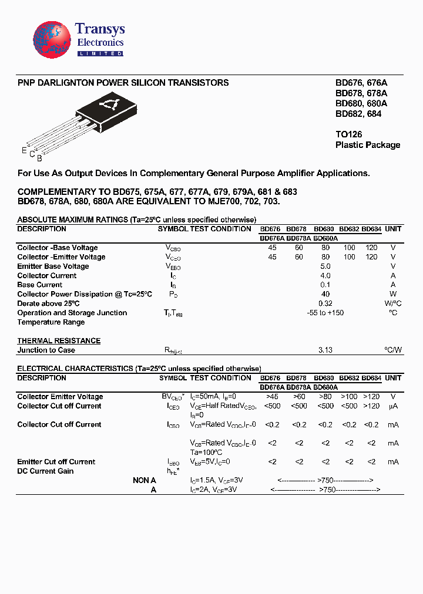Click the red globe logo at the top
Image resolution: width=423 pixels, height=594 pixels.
click(x=52, y=40)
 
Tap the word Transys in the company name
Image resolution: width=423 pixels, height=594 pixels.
click(x=100, y=29)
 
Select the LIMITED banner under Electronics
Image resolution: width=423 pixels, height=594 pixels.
click(x=100, y=53)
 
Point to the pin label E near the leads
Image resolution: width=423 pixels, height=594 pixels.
click(x=24, y=151)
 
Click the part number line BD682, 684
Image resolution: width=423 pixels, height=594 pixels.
click(x=358, y=114)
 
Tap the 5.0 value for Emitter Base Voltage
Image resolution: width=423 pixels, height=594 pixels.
click(x=325, y=266)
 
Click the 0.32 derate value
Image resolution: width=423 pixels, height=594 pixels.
click(x=325, y=303)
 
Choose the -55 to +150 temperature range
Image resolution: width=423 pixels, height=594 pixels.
click(x=325, y=313)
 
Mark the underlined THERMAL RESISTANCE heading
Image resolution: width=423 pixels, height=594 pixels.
click(x=59, y=341)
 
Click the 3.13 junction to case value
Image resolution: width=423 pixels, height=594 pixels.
click(x=325, y=350)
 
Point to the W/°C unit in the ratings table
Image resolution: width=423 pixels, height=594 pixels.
click(x=392, y=303)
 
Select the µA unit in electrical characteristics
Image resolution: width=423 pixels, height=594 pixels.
click(x=393, y=406)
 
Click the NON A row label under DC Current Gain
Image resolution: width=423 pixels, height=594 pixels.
click(x=145, y=480)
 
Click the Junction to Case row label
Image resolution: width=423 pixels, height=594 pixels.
click(x=46, y=350)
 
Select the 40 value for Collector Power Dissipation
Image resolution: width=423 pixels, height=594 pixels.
click(x=325, y=294)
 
